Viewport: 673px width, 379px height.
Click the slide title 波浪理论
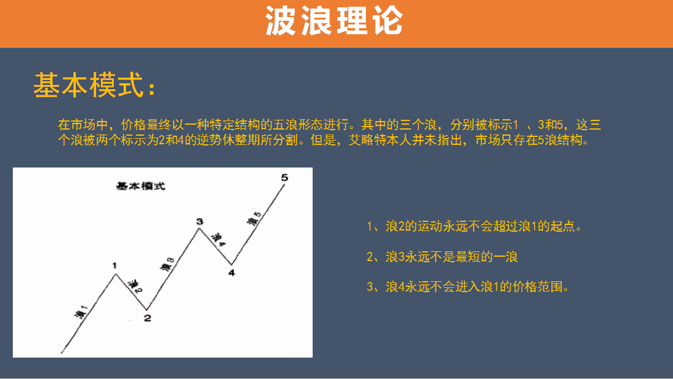[334, 21]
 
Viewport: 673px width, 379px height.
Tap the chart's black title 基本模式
[140, 186]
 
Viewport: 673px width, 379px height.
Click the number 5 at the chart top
[284, 177]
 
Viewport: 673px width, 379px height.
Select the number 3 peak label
[199, 221]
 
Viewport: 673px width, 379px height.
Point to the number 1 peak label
[114, 265]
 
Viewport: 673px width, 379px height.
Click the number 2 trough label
[147, 318]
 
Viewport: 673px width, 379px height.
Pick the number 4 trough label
[231, 273]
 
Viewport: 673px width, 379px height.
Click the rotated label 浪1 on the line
[81, 312]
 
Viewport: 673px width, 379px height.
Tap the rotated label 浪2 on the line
[135, 287]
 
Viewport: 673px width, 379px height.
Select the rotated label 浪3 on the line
[167, 264]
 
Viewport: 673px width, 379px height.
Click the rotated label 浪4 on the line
[218, 240]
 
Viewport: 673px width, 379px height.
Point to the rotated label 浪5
[254, 219]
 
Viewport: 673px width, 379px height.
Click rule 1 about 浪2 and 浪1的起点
[474, 226]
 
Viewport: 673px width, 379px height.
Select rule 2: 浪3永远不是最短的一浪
[442, 257]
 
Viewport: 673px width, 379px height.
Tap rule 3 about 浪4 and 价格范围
[468, 287]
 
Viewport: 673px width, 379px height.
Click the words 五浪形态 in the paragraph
[298, 125]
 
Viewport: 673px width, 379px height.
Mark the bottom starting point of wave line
[62, 353]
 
